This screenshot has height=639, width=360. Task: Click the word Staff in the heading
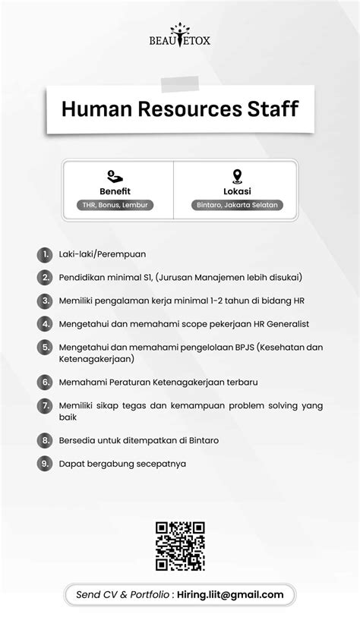[271, 109]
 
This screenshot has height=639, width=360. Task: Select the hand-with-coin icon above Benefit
[115, 177]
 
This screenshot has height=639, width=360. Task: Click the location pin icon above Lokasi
[237, 177]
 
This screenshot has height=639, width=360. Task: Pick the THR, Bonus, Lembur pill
[115, 205]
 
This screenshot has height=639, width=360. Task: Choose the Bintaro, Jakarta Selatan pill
[237, 205]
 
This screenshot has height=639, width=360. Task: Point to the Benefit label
[115, 191]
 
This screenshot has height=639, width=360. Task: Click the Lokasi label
[237, 191]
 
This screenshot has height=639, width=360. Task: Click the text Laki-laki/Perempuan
[103, 254]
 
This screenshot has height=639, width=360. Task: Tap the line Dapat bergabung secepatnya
[122, 463]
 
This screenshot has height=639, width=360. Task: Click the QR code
[180, 546]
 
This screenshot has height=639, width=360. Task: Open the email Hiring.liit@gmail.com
[230, 595]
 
